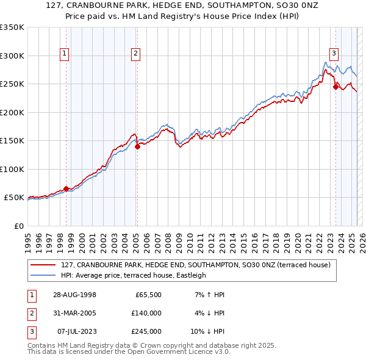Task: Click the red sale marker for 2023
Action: point(335,87)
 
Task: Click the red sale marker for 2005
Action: point(137,146)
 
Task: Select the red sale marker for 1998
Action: point(66,189)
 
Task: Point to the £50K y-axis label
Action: point(14,198)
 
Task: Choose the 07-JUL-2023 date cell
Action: point(76,331)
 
